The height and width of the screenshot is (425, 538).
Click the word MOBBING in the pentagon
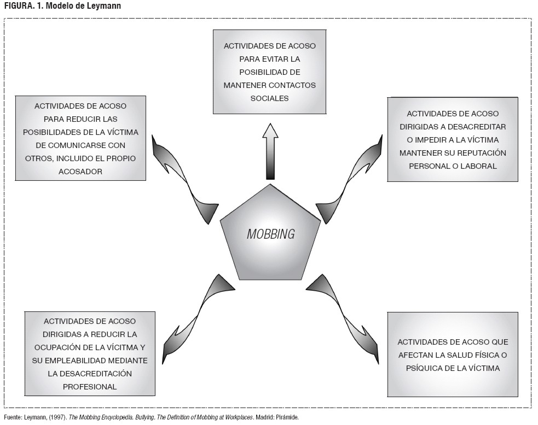click(270, 234)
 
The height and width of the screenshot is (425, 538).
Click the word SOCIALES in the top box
click(269, 98)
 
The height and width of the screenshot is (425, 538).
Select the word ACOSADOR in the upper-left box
click(80, 171)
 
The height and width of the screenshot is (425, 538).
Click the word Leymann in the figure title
click(104, 6)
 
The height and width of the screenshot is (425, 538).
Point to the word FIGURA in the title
click(17, 6)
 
